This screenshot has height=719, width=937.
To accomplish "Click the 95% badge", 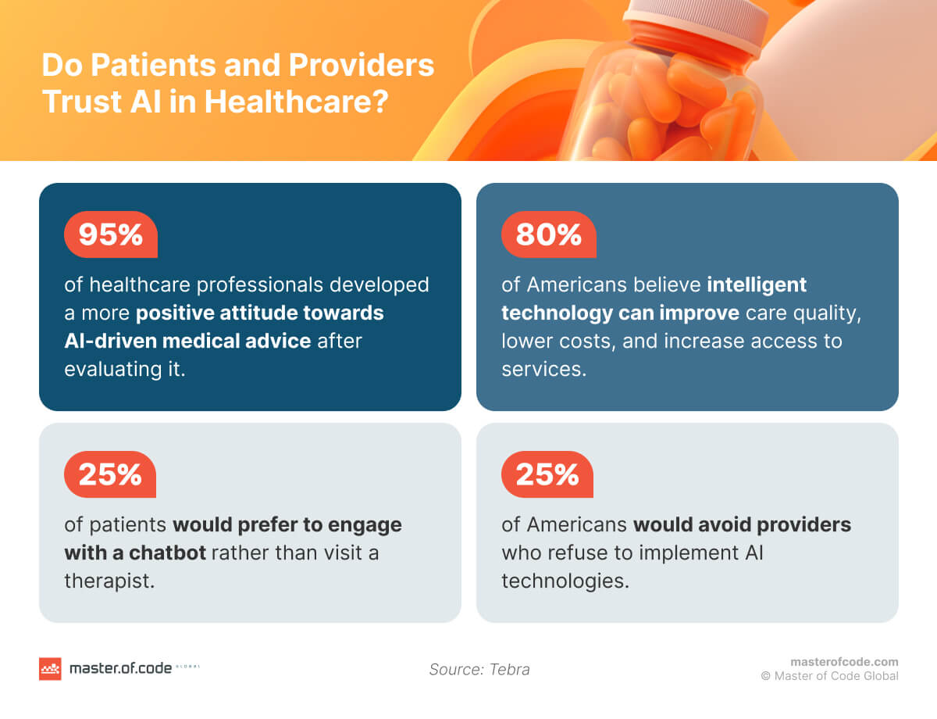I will coord(110,234).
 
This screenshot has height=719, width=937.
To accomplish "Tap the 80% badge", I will coord(547,234).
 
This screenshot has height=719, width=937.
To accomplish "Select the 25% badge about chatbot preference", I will coord(110,474).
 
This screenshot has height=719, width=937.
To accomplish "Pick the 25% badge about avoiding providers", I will coord(547,474).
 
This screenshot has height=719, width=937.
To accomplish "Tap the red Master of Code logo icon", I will coord(50,669).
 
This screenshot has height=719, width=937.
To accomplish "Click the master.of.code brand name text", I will coord(119,669).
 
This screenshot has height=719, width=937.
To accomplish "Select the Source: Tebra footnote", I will coord(479,670).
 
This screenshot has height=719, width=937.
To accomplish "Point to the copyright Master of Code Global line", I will coord(830,676).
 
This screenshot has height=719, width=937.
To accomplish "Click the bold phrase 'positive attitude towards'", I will coord(260,313).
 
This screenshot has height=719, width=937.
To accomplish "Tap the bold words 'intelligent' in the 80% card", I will coord(757,285).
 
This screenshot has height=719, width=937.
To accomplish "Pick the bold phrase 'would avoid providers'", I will coord(742,524).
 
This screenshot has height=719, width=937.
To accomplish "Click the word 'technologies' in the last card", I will coord(565,581).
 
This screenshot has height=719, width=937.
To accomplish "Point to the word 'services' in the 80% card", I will coord(543,369).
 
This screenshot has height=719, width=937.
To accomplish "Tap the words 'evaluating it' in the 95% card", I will coord(125,369).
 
